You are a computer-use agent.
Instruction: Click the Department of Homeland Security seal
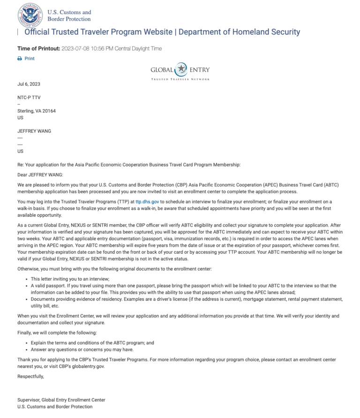[30, 15]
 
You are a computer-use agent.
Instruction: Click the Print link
[30, 59]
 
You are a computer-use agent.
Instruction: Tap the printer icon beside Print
[20, 59]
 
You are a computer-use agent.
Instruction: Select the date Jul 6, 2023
[29, 84]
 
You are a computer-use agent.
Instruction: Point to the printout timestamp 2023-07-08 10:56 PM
[112, 48]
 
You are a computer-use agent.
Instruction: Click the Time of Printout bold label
[39, 48]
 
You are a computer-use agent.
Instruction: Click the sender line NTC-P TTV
[29, 98]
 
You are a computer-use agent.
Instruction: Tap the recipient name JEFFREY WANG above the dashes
[34, 131]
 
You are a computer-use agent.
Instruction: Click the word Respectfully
[30, 376]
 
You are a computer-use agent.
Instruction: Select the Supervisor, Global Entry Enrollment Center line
[61, 400]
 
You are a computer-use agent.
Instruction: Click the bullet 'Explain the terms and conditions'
[92, 343]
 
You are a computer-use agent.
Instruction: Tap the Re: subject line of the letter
[128, 165]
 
